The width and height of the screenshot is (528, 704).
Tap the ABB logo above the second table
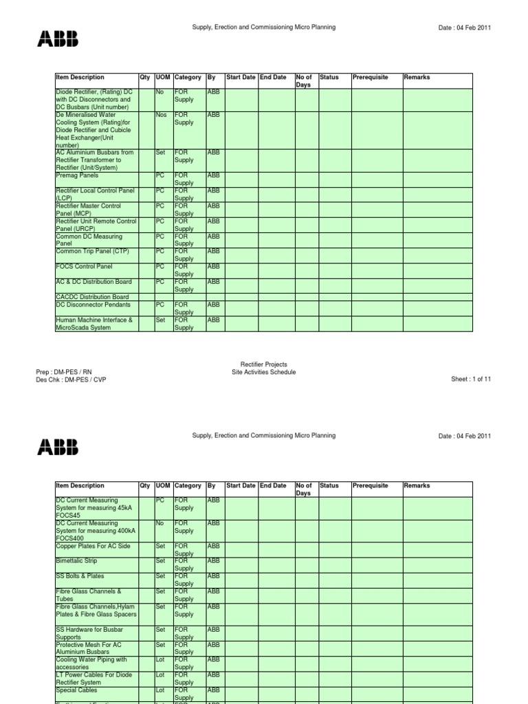coord(58,448)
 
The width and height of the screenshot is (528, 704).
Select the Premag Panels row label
coord(76,175)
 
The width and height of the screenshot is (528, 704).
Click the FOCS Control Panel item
coord(84,266)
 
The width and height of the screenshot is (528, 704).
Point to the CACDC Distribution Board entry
coord(92,297)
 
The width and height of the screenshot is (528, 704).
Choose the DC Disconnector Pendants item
coord(93,304)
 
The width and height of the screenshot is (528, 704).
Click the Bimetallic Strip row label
coord(77,561)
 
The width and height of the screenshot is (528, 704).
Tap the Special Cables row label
coord(76,690)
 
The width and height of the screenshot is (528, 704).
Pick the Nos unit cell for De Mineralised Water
coord(162,115)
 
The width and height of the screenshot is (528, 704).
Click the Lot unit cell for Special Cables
coord(160,690)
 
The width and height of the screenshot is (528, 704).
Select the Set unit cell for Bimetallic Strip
coord(160,561)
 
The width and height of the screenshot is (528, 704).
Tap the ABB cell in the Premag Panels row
coord(214,175)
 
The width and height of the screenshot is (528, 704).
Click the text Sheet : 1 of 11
coord(471,379)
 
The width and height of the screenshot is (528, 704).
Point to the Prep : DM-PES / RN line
coord(63,372)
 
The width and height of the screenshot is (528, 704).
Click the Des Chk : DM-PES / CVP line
coord(71,379)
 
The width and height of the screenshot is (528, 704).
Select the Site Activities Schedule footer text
coord(264,372)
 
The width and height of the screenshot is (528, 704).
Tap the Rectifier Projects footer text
coord(264,364)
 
